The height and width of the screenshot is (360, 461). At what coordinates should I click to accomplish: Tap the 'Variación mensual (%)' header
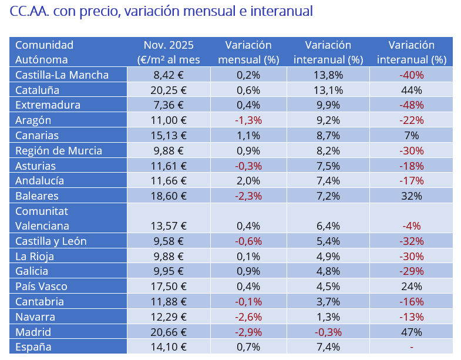[x=248, y=52]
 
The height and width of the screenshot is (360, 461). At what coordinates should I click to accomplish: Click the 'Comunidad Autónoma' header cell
[x=45, y=52]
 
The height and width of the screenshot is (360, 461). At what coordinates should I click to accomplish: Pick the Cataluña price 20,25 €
[x=169, y=90]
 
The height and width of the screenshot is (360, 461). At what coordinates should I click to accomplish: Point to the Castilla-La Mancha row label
[x=62, y=75]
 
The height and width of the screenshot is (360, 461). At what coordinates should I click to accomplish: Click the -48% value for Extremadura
[x=411, y=105]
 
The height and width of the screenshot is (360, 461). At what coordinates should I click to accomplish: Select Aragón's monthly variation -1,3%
[x=248, y=120]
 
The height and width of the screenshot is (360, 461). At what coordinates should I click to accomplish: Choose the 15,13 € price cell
[x=169, y=135]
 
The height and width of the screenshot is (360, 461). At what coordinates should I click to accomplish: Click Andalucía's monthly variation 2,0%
[x=248, y=180]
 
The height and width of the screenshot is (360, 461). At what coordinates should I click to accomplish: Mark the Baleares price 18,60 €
[x=169, y=196]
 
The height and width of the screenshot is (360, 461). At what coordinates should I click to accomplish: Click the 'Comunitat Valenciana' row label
[x=42, y=218]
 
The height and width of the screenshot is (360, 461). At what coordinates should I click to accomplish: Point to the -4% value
[x=411, y=226]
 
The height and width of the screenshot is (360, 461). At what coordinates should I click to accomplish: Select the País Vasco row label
[x=41, y=286]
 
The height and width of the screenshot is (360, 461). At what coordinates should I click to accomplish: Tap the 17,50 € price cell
[x=169, y=286]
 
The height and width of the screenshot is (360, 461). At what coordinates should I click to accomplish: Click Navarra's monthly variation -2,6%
[x=248, y=317]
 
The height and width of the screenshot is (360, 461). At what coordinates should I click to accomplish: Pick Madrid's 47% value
[x=411, y=332]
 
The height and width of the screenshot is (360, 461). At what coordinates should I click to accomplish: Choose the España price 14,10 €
[x=169, y=346]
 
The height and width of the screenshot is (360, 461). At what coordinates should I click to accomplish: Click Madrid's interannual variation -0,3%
[x=328, y=332]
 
